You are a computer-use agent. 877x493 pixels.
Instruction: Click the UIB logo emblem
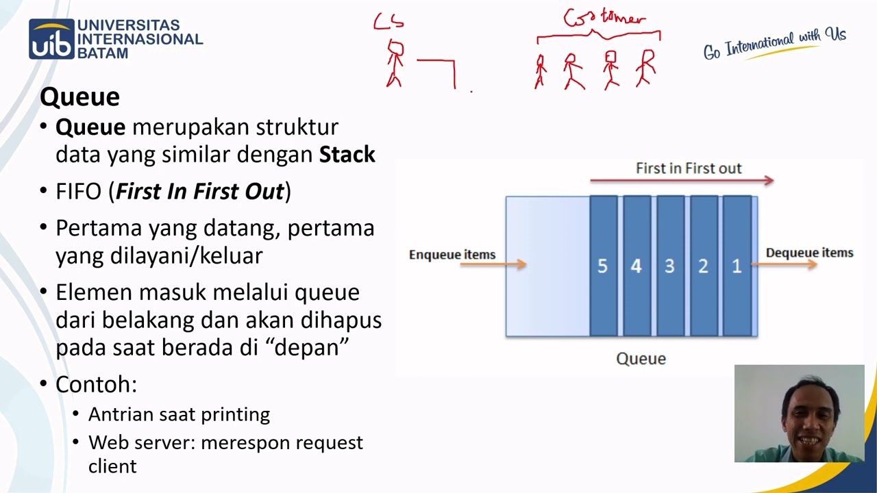51,39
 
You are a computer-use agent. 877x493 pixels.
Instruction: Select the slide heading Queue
79,97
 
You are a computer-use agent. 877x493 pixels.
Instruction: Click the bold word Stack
347,155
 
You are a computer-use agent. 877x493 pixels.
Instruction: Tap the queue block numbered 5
603,266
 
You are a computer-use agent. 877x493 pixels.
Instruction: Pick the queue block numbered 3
670,266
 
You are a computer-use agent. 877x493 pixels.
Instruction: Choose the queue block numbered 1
737,266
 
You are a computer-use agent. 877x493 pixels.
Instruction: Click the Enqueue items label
452,255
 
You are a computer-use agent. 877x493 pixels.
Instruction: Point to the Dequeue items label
809,253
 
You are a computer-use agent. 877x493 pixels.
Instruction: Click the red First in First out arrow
682,181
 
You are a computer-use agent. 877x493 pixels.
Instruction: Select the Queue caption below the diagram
641,358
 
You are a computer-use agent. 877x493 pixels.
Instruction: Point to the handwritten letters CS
388,22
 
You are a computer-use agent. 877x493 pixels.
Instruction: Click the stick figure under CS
395,64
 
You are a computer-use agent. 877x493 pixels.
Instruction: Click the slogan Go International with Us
774,44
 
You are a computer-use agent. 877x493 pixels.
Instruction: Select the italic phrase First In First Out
199,192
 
